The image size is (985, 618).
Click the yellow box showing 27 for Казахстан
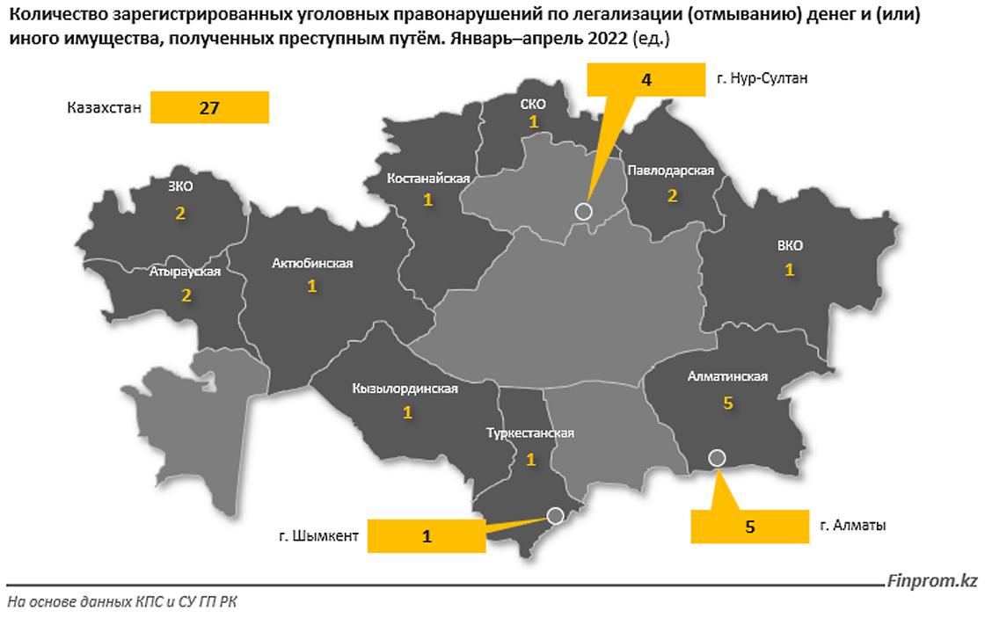[208, 108]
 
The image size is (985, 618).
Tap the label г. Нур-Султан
[762, 78]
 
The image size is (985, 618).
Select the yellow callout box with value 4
[646, 80]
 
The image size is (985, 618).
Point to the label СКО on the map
[533, 105]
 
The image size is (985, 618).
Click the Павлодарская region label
[670, 170]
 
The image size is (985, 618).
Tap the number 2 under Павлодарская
[672, 195]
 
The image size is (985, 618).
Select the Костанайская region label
[428, 178]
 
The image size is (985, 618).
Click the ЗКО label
[179, 185]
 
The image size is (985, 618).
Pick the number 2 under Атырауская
[186, 296]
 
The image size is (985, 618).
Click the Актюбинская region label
[312, 263]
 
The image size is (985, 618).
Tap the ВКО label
[789, 245]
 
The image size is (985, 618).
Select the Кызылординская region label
[405, 388]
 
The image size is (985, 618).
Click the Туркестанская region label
[530, 433]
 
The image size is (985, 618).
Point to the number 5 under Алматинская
[727, 403]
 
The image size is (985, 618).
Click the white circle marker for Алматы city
[717, 457]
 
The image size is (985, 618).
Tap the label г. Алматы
[852, 526]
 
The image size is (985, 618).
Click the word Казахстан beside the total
[104, 108]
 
